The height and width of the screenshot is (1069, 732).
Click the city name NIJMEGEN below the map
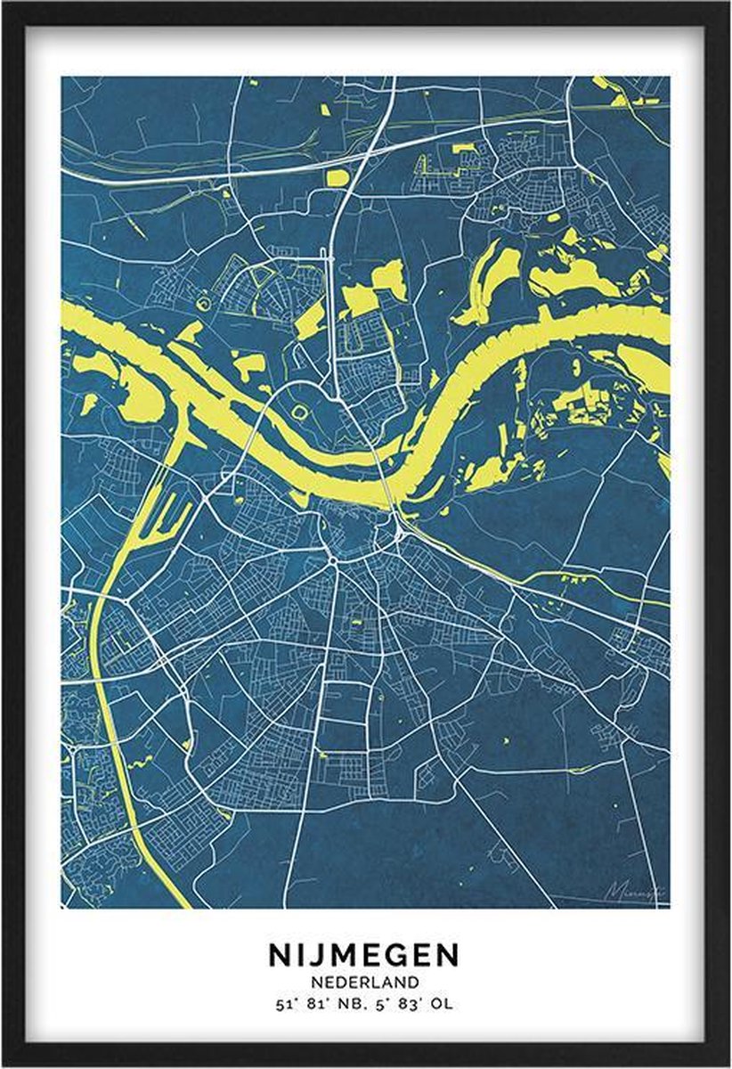coord(364,955)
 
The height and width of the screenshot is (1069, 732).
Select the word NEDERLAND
coord(364,983)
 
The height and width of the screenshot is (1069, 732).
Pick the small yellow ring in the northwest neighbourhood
coord(205,304)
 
